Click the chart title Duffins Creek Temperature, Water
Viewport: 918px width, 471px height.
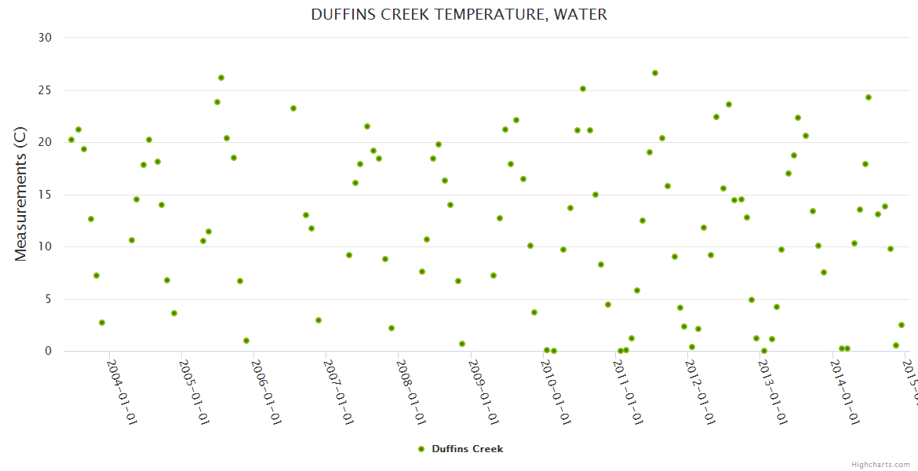tap(459, 14)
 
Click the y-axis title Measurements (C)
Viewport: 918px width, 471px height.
tap(21, 194)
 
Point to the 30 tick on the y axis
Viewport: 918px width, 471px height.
tap(46, 38)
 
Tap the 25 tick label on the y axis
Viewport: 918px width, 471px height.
tap(46, 90)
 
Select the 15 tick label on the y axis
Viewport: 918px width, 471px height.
tap(46, 195)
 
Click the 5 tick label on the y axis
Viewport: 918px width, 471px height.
tap(49, 299)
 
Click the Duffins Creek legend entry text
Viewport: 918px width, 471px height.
tap(468, 449)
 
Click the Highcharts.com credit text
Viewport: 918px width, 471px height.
tap(881, 465)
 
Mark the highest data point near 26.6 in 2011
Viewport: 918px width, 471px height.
tap(655, 73)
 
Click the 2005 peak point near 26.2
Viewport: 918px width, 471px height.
tap(221, 78)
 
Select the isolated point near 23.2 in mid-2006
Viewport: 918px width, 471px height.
tap(293, 108)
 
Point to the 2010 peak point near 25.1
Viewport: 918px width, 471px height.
tap(583, 89)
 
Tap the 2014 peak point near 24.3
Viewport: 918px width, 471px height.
tap(869, 97)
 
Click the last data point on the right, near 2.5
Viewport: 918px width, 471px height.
tap(902, 325)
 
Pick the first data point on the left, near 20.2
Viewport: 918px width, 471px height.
tap(71, 140)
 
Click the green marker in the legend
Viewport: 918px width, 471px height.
tap(421, 449)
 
